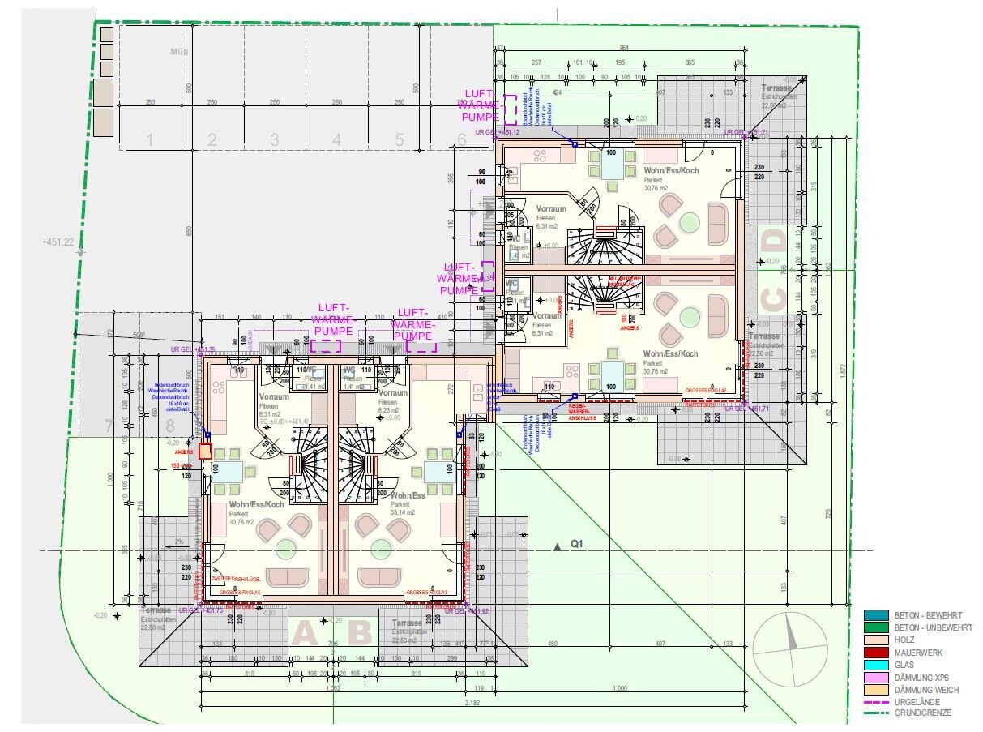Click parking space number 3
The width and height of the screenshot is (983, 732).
(275, 140)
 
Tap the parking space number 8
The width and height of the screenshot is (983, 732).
(169, 426)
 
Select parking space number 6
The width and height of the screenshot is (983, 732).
(462, 140)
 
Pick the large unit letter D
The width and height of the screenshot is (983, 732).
(775, 242)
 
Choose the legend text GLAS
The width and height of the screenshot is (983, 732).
(905, 665)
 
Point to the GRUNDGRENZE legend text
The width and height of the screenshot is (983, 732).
(923, 713)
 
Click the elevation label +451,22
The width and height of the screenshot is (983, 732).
(58, 242)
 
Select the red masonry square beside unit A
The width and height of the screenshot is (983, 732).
(205, 452)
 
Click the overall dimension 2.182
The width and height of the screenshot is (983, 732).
(472, 702)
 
